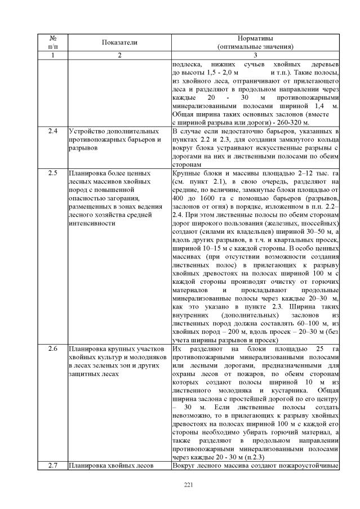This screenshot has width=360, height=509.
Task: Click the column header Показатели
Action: click(119, 42)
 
